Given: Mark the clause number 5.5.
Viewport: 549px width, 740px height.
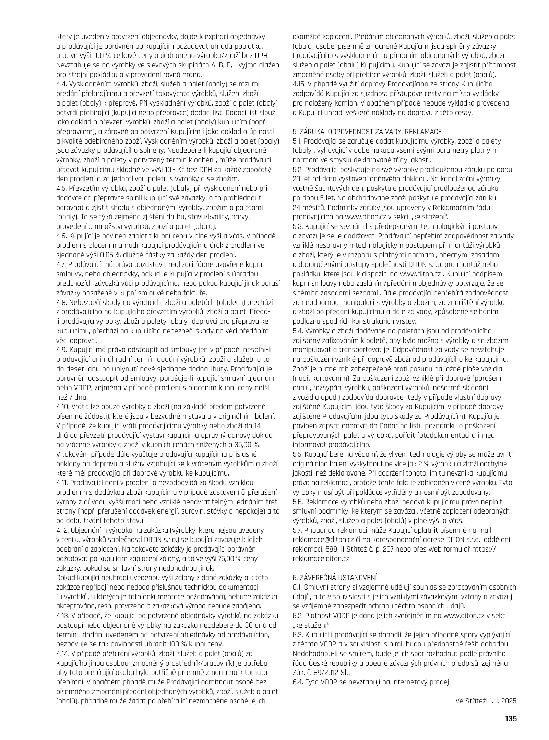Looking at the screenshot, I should [298, 454].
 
